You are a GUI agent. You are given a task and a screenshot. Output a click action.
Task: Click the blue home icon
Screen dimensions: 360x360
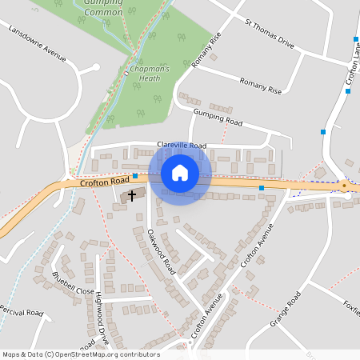tap(179, 172)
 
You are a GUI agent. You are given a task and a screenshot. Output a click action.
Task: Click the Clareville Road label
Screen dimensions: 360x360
tap(182, 145)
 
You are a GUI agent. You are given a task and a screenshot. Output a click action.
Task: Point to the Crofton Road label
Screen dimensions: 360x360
tap(99, 183)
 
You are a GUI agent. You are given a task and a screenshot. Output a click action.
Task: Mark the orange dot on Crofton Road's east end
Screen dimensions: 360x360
tap(344, 186)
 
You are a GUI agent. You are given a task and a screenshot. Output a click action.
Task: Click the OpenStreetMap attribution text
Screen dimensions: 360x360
tap(81, 354)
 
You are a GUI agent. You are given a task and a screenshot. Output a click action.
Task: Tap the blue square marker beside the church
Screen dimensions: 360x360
tap(135, 175)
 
